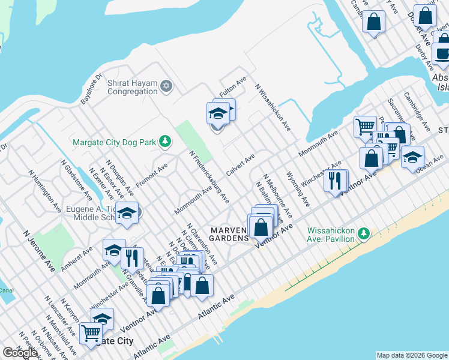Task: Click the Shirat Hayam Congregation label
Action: pos(132,88)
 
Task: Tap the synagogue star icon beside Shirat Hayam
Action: pos(166,87)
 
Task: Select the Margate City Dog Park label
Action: pos(114,143)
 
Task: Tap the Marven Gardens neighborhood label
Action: pos(229,234)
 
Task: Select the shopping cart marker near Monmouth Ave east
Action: pos(364,127)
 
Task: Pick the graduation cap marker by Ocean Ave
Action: pos(412,158)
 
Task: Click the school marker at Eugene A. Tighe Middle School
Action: pos(127,213)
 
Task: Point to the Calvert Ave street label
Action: pos(241,164)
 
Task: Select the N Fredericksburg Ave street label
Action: pos(209,176)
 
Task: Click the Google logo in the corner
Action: pos(20,353)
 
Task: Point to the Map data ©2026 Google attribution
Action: pos(412,355)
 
